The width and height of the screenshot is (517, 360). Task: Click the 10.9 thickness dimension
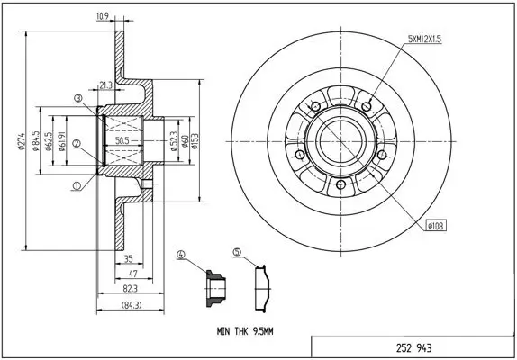(104, 15)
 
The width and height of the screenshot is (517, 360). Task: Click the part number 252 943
(413, 347)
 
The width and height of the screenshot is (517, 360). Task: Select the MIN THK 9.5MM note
(244, 331)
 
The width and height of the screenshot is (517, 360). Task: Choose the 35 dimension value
(129, 257)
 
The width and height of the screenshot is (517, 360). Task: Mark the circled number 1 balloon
(77, 187)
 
